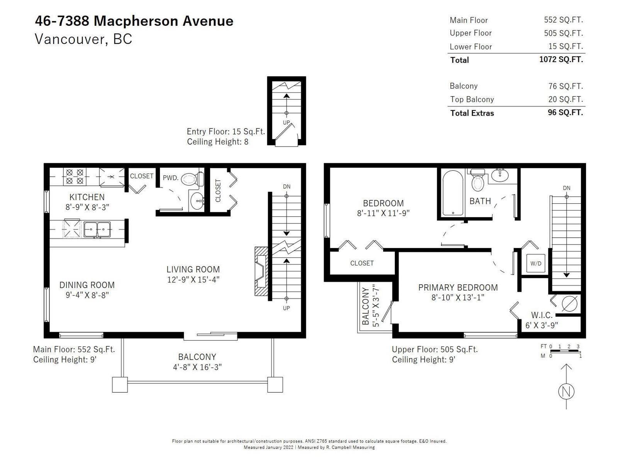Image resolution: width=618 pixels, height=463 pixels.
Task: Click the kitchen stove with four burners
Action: [75, 177]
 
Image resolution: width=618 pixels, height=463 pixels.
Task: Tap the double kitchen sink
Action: [97, 230]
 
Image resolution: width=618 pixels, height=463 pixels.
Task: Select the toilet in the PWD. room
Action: [192, 179]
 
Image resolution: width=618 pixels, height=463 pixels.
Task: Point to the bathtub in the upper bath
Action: [453, 193]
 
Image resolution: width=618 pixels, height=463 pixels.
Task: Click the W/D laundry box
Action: [536, 264]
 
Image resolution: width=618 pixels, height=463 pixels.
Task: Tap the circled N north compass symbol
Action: [566, 391]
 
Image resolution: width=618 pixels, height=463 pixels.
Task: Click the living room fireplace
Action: [261, 271]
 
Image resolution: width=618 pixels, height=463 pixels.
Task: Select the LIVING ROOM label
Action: [193, 269]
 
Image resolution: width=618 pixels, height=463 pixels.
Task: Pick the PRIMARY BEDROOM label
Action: [458, 287]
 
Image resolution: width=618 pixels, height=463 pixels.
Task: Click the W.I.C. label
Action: [542, 315]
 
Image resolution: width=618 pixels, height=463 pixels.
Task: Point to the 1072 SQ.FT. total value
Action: [561, 59]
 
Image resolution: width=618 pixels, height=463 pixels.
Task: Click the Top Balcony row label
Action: [472, 99]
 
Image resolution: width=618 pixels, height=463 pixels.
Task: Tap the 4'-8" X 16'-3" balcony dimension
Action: [197, 367]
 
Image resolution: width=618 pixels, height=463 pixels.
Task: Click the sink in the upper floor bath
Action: [500, 176]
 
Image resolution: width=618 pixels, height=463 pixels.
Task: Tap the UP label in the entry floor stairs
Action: [286, 123]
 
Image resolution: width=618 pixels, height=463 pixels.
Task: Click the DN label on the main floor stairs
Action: [287, 187]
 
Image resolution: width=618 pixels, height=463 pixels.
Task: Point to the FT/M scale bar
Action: [565, 351]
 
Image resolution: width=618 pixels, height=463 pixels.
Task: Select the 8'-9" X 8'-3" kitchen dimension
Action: [87, 207]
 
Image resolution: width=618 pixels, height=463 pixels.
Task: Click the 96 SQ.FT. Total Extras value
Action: [565, 112]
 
